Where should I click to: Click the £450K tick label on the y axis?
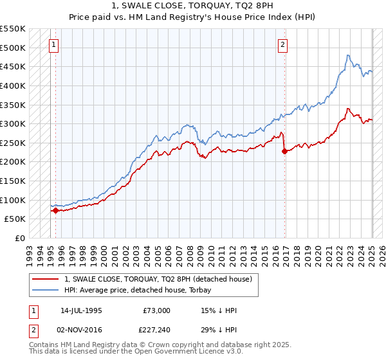[x=13, y=66]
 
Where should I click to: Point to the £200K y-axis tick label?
[x=13, y=161]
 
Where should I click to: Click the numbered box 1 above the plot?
[x=53, y=45]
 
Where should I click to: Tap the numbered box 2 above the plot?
[x=282, y=45]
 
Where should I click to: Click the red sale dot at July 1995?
[x=55, y=210]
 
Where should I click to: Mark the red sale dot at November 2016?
[x=284, y=152]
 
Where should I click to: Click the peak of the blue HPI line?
[x=347, y=55]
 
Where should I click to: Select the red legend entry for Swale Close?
[x=161, y=278]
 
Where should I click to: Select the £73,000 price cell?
[x=157, y=310]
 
